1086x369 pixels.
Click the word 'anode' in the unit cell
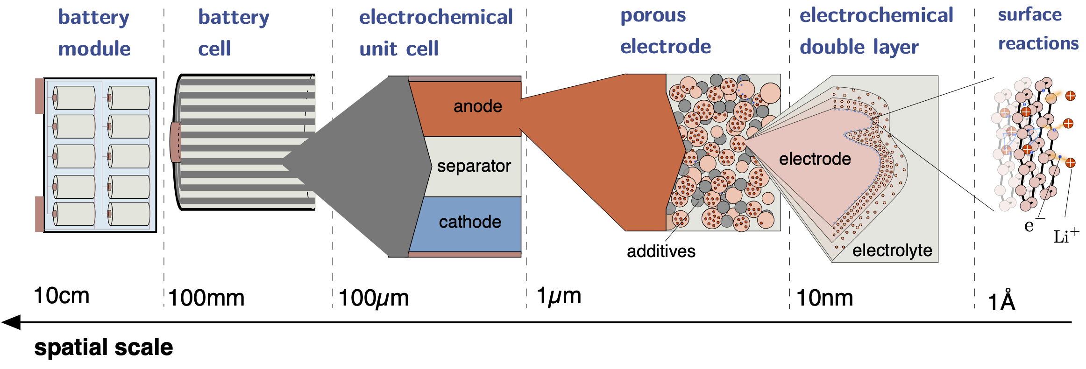478,106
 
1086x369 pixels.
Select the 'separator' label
474,166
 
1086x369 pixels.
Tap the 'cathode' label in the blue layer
470,222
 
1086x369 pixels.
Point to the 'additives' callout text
661,251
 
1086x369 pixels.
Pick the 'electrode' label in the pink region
815,159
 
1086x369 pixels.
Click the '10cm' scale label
62,296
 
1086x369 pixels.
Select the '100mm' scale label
206,298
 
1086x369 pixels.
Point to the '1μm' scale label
559,296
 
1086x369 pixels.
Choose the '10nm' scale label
825,298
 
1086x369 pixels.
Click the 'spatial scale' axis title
104,348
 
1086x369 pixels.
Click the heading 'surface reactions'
1038,29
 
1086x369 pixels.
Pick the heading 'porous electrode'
666,31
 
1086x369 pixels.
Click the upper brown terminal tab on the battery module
40,96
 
